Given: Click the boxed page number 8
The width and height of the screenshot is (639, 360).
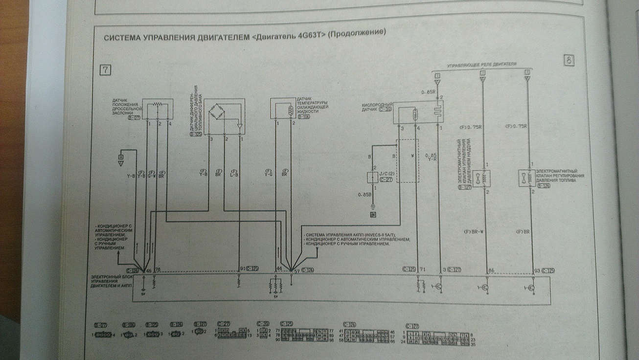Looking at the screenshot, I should pyautogui.click(x=569, y=61).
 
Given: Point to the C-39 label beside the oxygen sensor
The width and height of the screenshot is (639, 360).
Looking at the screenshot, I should pyautogui.click(x=386, y=109).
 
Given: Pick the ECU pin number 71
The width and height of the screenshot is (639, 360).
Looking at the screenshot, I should pyautogui.click(x=423, y=270).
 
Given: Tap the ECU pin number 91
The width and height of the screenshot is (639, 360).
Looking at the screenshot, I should pyautogui.click(x=242, y=269).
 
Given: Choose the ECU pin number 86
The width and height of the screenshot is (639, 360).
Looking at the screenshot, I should pyautogui.click(x=491, y=270).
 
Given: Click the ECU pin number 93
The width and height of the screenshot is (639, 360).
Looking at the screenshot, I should pyautogui.click(x=536, y=270).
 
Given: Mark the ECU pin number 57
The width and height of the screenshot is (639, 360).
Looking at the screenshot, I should pyautogui.click(x=295, y=270).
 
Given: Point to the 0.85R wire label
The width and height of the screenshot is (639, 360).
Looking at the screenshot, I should pyautogui.click(x=429, y=92).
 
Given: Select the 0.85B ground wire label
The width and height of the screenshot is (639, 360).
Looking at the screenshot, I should pyautogui.click(x=365, y=195).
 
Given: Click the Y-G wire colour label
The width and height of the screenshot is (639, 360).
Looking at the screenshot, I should pyautogui.click(x=269, y=174).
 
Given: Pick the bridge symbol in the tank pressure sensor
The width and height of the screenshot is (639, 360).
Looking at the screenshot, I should pyautogui.click(x=217, y=114).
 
